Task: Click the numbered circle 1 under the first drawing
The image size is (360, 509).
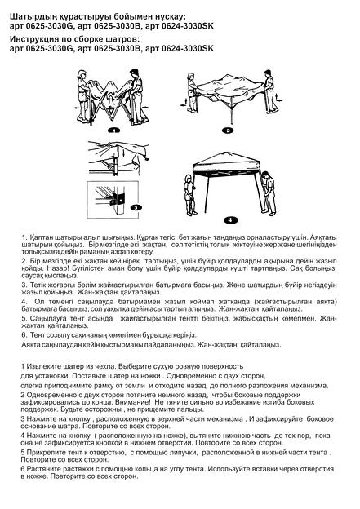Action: click(113, 129)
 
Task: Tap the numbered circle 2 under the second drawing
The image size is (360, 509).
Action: click(229, 129)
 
